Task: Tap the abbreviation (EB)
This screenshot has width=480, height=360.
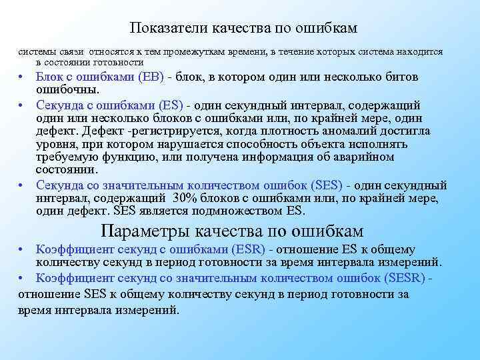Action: pos(151,77)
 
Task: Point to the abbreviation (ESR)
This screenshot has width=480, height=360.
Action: pos(247,249)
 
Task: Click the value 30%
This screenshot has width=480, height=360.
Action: pos(185,198)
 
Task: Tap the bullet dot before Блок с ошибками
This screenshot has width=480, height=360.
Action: pos(21,77)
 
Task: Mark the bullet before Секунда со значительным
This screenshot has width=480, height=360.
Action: pos(21,186)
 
